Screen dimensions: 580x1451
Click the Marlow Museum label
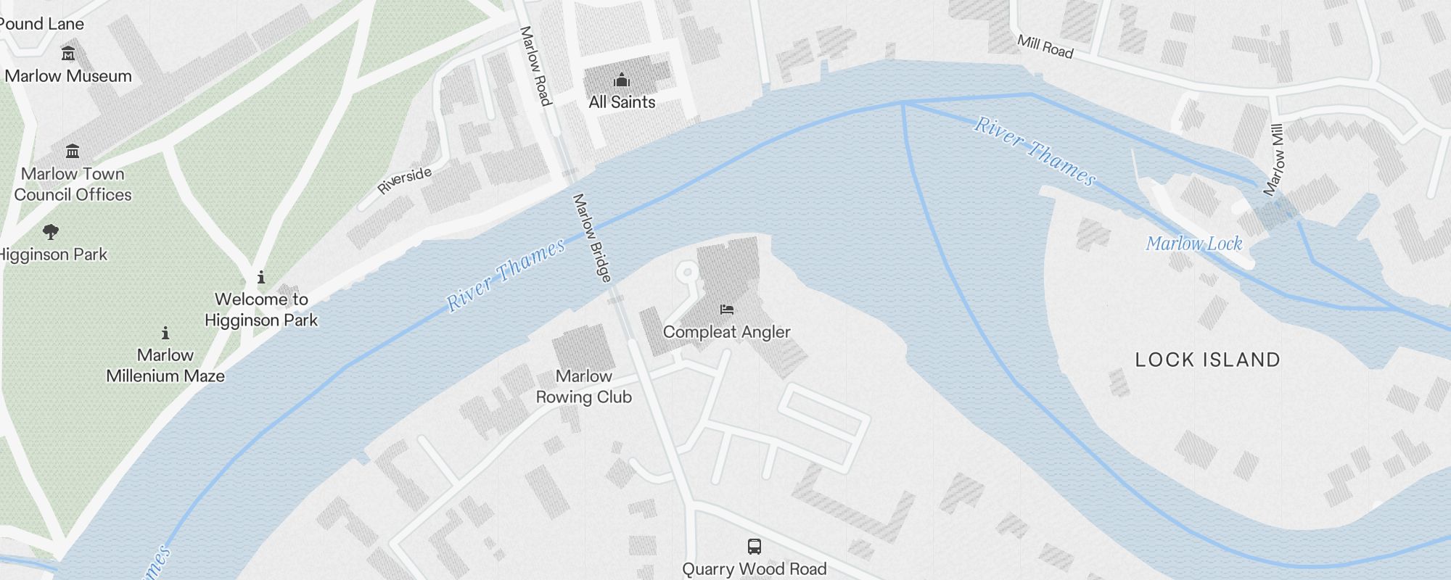pyautogui.click(x=68, y=76)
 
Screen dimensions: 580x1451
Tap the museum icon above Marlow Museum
pyautogui.click(x=68, y=53)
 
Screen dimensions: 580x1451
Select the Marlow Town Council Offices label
pyautogui.click(x=73, y=184)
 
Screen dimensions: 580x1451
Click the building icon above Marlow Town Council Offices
pyautogui.click(x=73, y=151)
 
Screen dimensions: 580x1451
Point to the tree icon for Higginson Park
pyautogui.click(x=50, y=232)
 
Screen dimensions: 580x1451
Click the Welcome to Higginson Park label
pyautogui.click(x=261, y=310)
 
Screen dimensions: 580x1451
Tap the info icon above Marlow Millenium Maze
pyautogui.click(x=165, y=333)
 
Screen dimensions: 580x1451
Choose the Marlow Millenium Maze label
pyautogui.click(x=165, y=365)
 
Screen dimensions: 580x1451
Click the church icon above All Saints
pyautogui.click(x=622, y=80)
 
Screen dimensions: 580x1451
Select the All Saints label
pyautogui.click(x=622, y=102)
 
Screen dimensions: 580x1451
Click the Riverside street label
pyautogui.click(x=404, y=180)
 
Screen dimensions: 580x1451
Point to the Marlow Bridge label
pyautogui.click(x=592, y=237)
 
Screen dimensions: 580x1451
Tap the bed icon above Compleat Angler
pyautogui.click(x=726, y=310)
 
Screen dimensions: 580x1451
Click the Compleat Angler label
pyautogui.click(x=726, y=332)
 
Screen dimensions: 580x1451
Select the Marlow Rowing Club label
pyautogui.click(x=584, y=386)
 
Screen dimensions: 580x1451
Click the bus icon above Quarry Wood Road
pyautogui.click(x=755, y=547)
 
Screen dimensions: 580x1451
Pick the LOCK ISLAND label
pyautogui.click(x=1207, y=360)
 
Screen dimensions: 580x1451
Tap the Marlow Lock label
pyautogui.click(x=1194, y=244)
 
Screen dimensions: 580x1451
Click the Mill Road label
pyautogui.click(x=1045, y=46)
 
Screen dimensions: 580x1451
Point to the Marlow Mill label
pyautogui.click(x=1274, y=160)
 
